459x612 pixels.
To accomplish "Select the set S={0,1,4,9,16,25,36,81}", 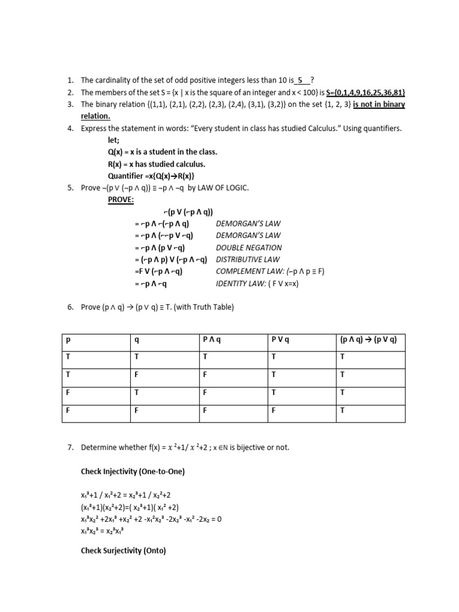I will tap(366, 92).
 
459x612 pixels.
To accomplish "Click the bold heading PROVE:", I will tap(121, 200).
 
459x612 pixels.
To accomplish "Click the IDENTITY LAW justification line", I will tap(257, 283).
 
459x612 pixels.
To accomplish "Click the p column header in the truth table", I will tap(68, 340).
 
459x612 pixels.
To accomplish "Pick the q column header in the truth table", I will tap(136, 340).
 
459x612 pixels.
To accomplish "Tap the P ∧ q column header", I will tap(212, 340).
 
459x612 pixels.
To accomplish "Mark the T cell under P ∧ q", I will tap(205, 357).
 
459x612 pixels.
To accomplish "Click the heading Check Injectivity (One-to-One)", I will tap(133, 472).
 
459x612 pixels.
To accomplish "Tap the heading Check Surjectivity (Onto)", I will tap(123, 551).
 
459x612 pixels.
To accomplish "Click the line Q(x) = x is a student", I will tap(154, 152).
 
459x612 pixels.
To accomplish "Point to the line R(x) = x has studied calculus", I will tap(156, 164).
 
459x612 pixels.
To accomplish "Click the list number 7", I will tap(70, 448).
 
